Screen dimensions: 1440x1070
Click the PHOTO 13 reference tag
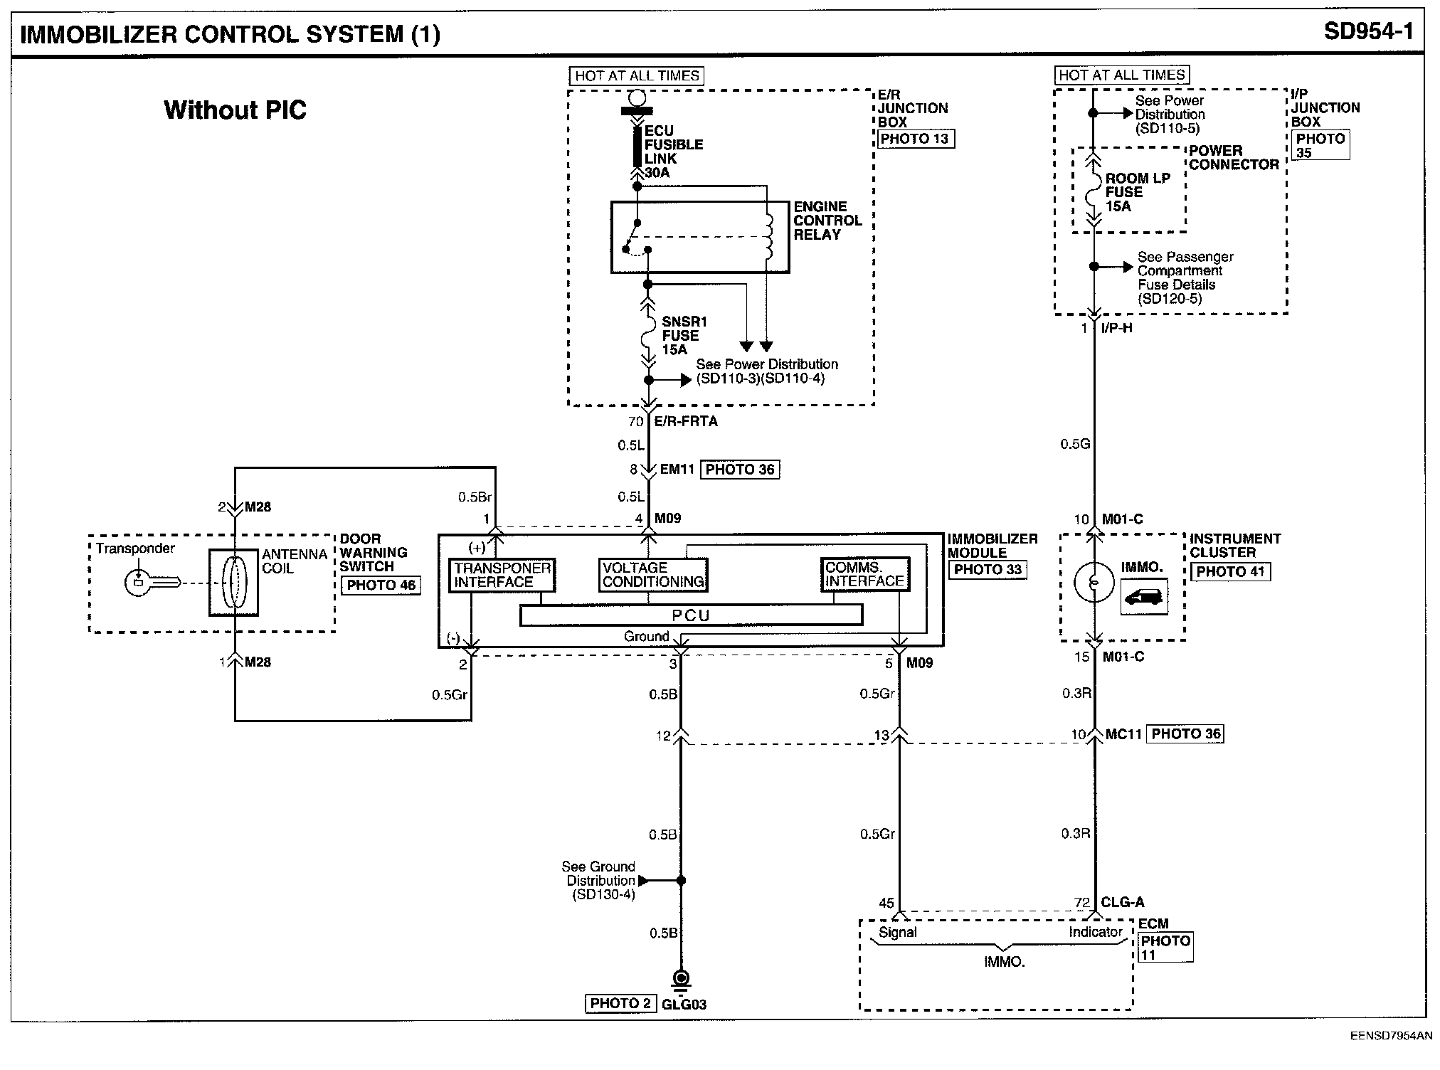(915, 139)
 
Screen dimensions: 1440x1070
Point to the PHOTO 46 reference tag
(381, 585)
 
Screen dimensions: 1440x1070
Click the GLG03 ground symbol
(681, 982)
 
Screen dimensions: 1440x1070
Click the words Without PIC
(235, 110)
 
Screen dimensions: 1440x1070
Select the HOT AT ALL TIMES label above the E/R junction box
(637, 76)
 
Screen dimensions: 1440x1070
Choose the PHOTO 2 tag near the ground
(620, 1003)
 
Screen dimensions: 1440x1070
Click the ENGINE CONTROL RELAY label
(827, 221)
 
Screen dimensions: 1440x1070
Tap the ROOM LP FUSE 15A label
(1138, 192)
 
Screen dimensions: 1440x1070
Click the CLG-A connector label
(1123, 902)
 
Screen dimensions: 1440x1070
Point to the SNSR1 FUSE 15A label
(684, 336)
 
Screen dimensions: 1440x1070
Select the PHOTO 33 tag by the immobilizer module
(988, 569)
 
